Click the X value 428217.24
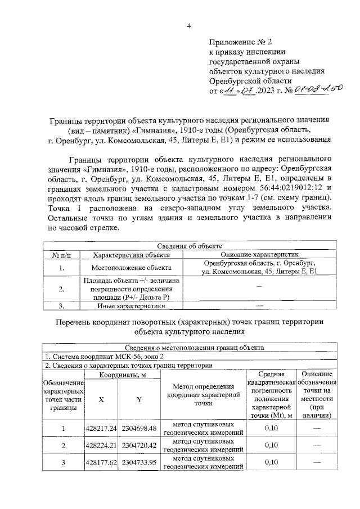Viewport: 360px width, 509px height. (101, 429)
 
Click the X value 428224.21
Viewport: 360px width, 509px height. (101, 445)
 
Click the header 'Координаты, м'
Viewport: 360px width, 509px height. (119, 375)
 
